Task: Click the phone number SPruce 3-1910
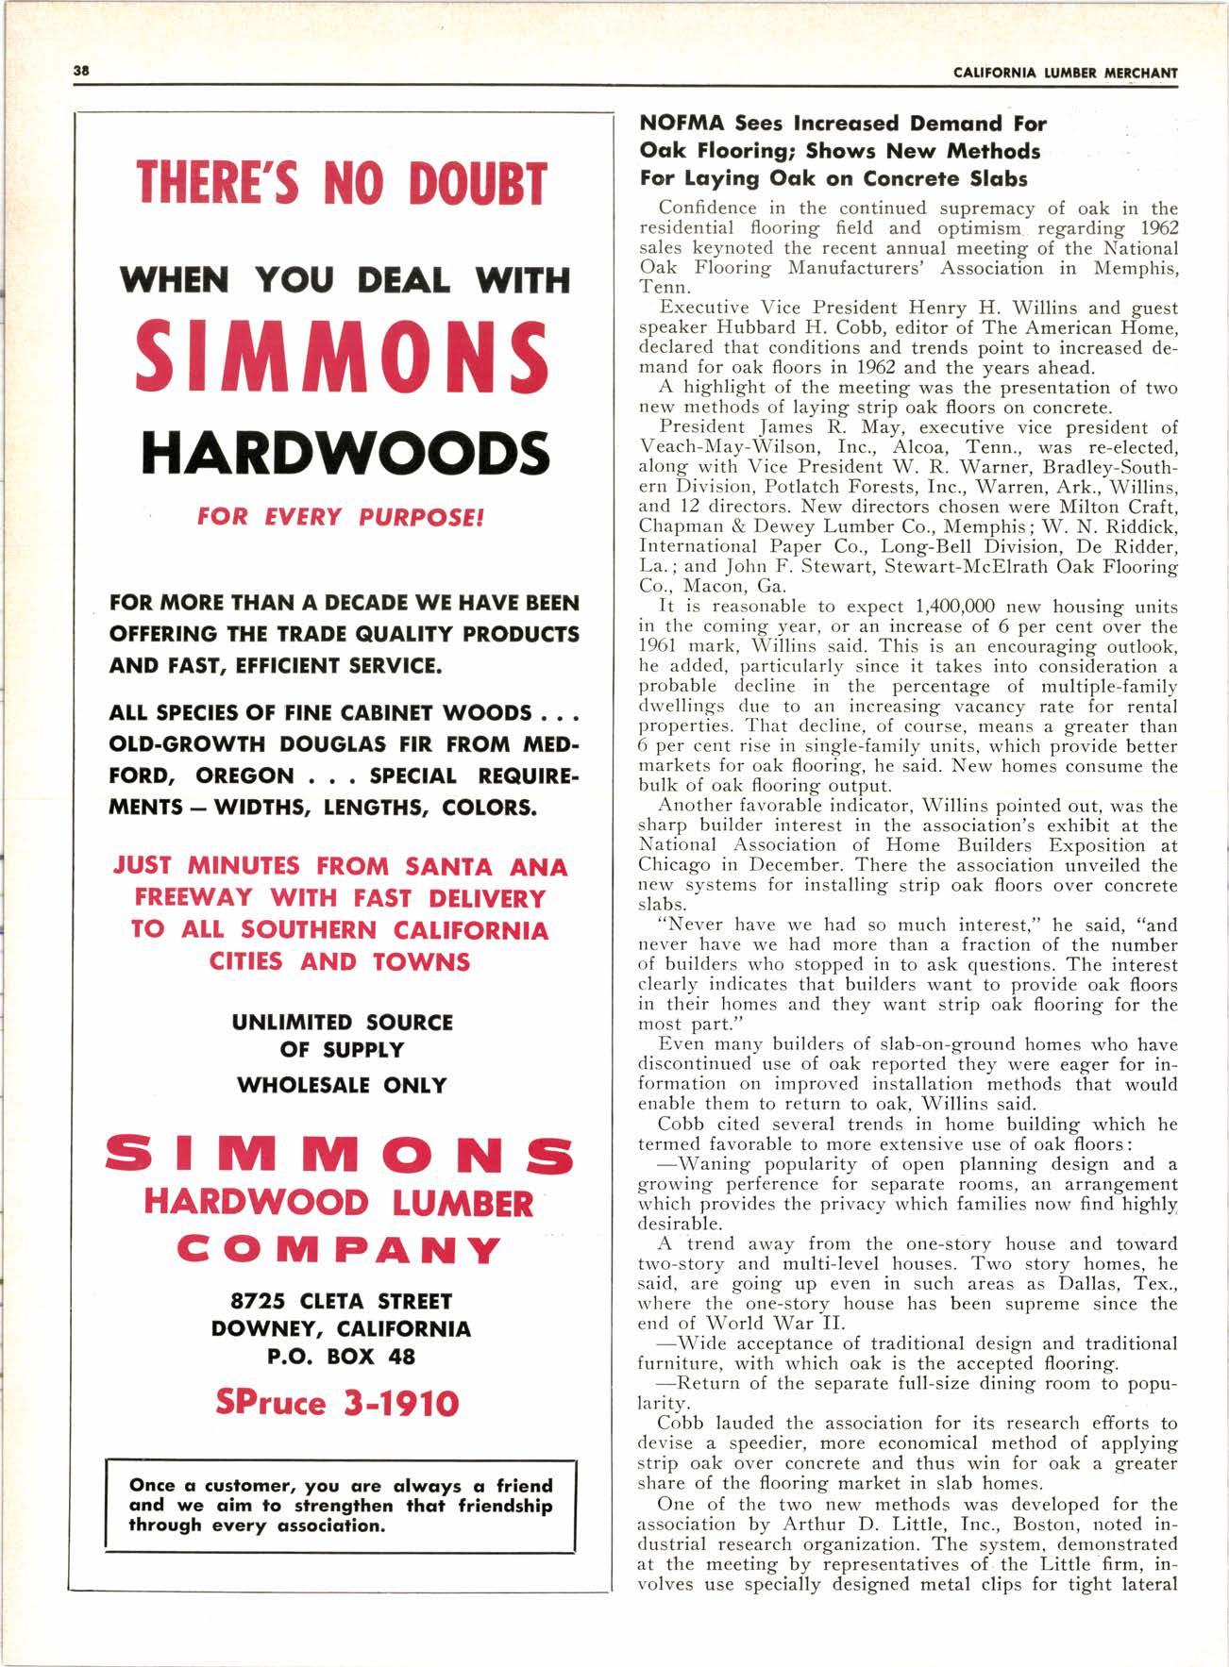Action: (x=337, y=1403)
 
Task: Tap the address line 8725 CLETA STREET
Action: (x=341, y=1302)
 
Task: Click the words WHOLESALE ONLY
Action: (x=341, y=1085)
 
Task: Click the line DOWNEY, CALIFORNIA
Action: (x=341, y=1329)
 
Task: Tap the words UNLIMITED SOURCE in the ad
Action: (x=342, y=1023)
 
